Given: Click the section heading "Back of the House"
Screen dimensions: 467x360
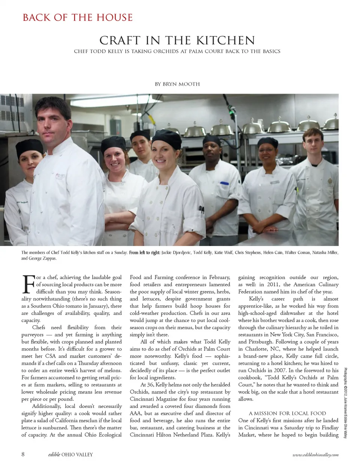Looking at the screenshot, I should (78, 18).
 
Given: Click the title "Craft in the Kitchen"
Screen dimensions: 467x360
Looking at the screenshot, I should (177, 40).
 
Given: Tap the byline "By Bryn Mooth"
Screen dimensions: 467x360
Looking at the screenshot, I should (177, 84).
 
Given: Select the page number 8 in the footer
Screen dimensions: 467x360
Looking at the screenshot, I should (23, 454).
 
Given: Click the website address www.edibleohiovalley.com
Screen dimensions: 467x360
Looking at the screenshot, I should (315, 455).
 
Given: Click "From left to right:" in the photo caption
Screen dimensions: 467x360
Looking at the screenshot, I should (145, 253).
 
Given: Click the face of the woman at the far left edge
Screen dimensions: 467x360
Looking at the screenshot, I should (27, 159).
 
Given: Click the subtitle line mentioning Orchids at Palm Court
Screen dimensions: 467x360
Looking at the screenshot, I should (177, 51).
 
